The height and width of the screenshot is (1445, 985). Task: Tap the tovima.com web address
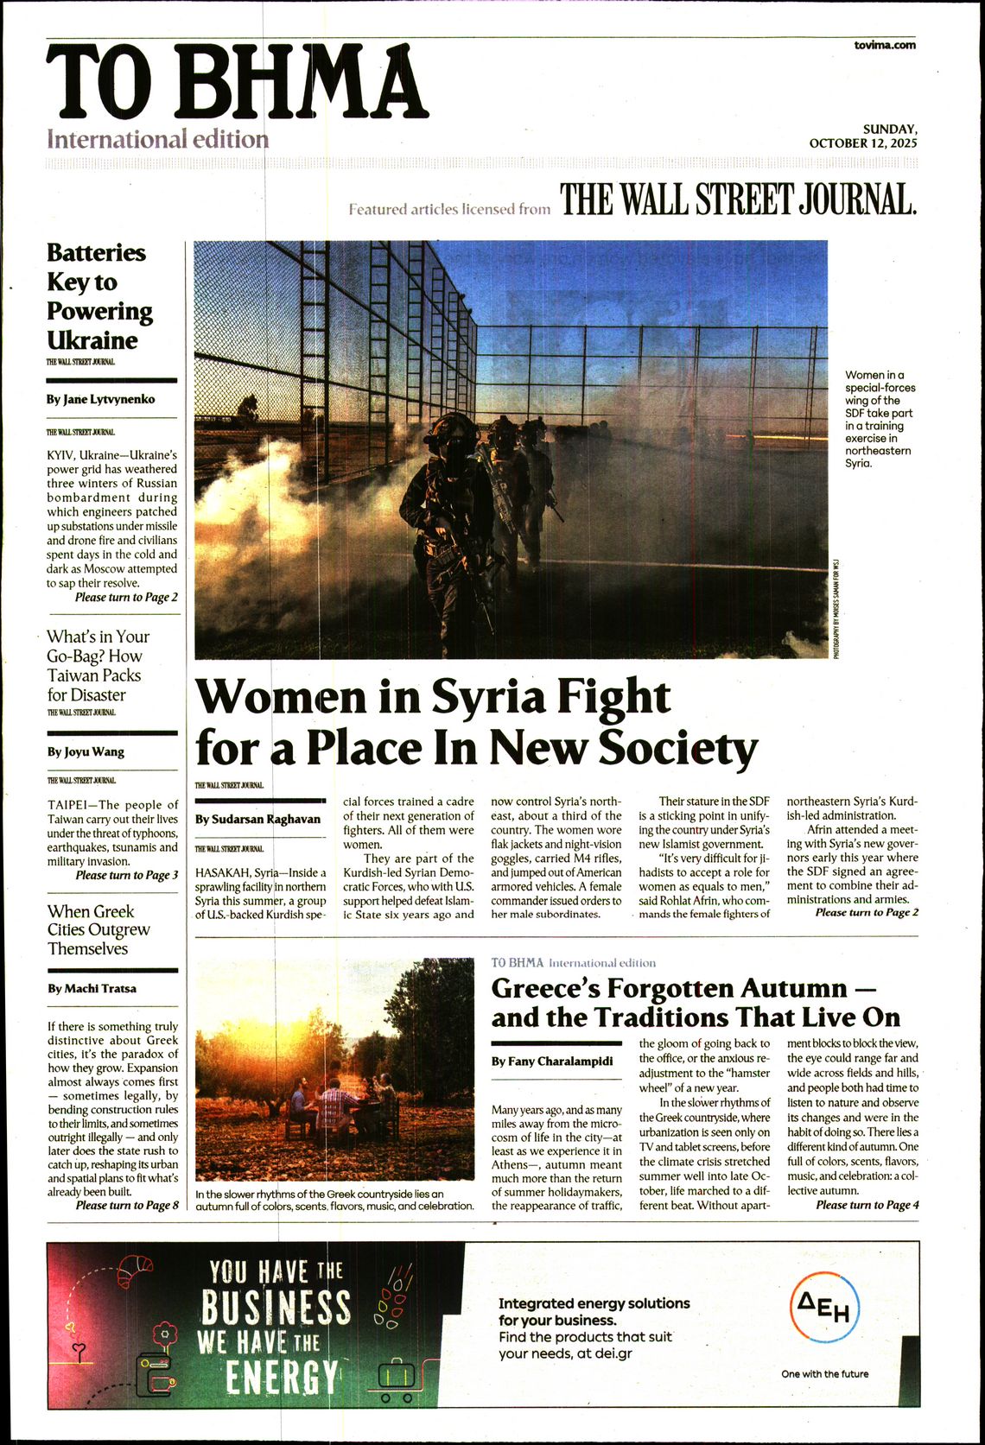click(884, 45)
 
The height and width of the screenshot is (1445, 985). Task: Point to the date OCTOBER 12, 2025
click(863, 143)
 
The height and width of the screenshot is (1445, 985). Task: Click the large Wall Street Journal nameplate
click(738, 200)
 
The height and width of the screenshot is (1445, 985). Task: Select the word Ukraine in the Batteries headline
click(92, 340)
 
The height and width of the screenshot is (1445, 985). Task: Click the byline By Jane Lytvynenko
click(101, 399)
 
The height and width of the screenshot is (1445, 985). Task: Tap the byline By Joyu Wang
click(86, 751)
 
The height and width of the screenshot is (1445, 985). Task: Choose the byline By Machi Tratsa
click(92, 988)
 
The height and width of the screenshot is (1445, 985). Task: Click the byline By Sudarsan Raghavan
click(257, 819)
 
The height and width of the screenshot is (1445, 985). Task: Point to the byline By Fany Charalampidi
click(552, 1061)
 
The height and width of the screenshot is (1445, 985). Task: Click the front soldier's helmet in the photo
click(451, 429)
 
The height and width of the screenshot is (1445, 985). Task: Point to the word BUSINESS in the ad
click(276, 1308)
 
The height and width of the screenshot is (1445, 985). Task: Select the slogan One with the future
click(824, 1373)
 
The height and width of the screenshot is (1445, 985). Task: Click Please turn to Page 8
click(127, 1205)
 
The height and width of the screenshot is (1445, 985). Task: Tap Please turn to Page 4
click(867, 1205)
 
